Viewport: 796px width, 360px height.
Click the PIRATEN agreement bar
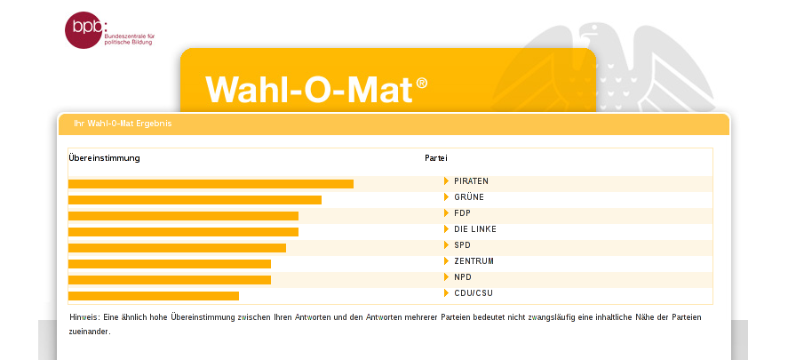click(211, 184)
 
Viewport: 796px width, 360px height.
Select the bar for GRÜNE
click(195, 200)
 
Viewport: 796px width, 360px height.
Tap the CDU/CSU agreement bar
click(154, 296)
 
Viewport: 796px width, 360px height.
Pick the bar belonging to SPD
click(177, 248)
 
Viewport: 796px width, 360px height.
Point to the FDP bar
click(183, 216)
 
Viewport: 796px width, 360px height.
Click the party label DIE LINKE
click(475, 229)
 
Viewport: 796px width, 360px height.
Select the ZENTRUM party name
click(474, 261)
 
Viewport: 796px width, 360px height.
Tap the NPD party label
click(463, 277)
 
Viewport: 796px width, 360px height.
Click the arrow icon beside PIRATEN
click(446, 180)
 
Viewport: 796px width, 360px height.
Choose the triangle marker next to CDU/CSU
click(446, 293)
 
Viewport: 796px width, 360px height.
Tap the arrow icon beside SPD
click(446, 245)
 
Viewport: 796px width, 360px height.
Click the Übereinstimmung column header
click(104, 158)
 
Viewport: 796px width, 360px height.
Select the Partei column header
click(436, 158)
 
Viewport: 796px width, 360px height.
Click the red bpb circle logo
click(84, 30)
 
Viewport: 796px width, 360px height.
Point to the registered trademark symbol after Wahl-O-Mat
click(422, 83)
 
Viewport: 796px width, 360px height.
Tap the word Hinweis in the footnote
click(84, 317)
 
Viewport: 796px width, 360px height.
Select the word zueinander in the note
click(90, 332)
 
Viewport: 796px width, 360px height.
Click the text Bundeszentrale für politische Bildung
click(130, 40)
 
